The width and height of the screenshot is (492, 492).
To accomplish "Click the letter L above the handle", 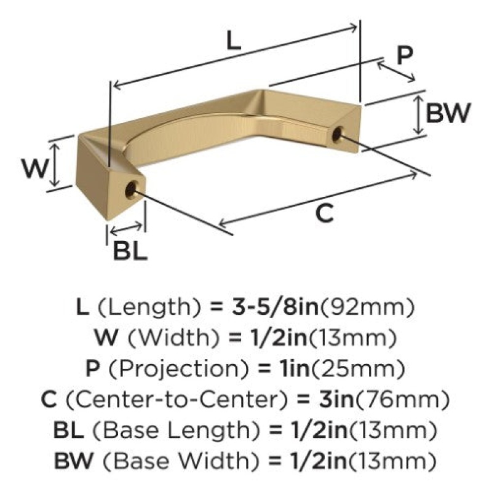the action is (234, 41).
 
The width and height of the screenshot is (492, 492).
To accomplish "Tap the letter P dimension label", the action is (405, 55).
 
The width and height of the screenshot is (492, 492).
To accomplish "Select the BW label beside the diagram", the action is (448, 113).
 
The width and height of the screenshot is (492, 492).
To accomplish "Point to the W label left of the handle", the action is (35, 168).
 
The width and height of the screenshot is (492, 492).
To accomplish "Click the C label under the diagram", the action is (324, 213).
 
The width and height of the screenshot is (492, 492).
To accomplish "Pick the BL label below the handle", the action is (130, 250).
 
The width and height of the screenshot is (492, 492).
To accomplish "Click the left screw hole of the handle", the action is (130, 190).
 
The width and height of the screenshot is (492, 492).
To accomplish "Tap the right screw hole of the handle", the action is (336, 134).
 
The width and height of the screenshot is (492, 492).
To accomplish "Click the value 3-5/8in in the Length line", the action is (275, 306).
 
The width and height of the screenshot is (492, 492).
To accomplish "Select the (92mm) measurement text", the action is (366, 307).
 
